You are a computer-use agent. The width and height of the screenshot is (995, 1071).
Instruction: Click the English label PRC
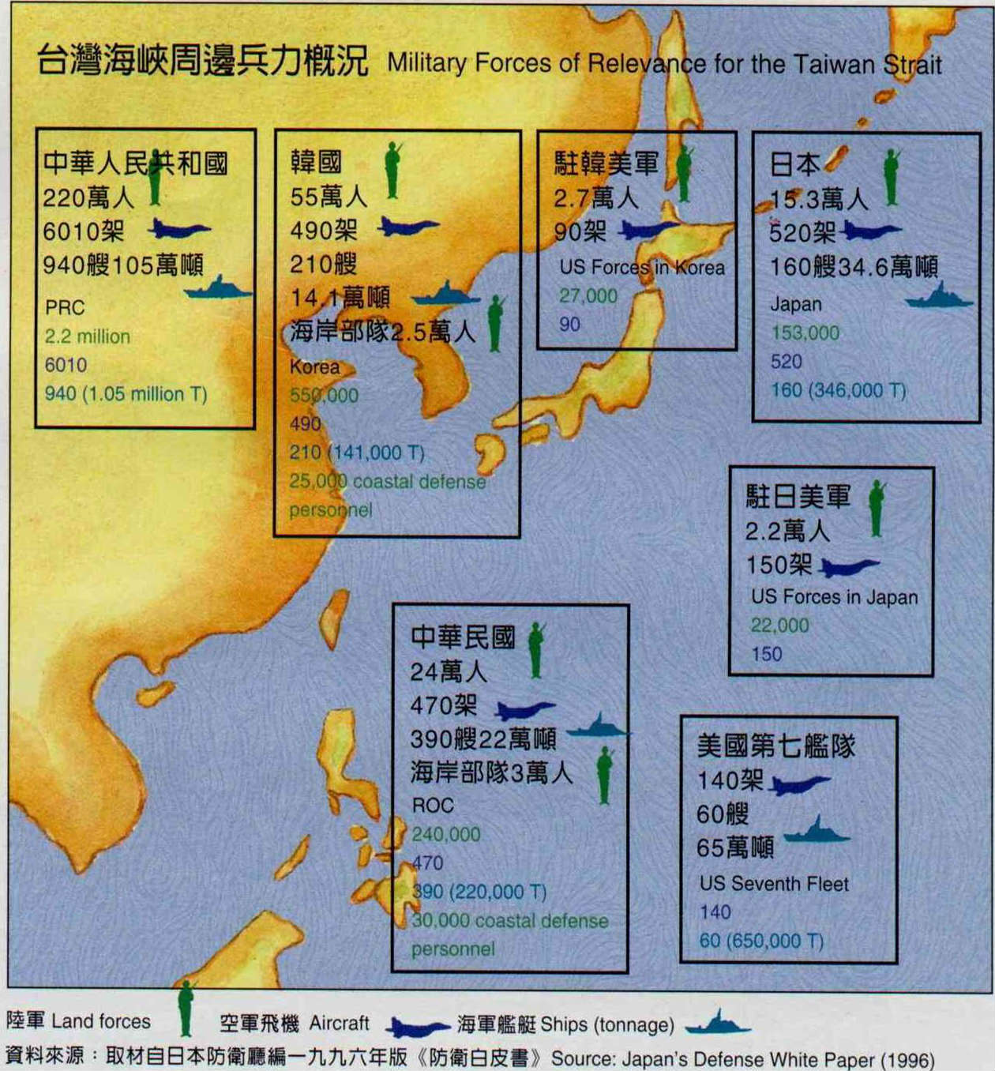point(65,307)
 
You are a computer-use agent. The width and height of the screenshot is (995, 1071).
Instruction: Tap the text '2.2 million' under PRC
point(87,336)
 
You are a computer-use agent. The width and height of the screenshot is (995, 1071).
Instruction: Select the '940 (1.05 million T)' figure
point(126,393)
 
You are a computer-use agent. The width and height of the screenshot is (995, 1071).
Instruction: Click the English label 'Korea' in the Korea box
point(314,367)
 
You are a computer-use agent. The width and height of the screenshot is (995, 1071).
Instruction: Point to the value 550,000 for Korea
point(324,396)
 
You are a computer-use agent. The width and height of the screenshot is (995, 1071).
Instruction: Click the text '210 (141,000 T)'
point(357,453)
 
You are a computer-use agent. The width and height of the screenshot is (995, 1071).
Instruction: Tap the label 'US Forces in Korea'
point(642,268)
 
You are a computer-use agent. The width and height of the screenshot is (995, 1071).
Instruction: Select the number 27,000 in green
point(588,296)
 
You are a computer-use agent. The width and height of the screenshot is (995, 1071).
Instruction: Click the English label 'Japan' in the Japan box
point(796,304)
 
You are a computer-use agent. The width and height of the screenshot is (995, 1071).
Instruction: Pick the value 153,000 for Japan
point(805,333)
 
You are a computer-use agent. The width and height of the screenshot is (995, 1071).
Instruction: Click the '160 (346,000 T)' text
point(839,390)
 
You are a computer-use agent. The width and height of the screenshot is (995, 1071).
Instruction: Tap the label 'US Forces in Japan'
point(835,597)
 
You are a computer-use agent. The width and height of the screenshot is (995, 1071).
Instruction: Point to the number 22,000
point(779,626)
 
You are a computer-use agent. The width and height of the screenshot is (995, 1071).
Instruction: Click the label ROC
point(433,806)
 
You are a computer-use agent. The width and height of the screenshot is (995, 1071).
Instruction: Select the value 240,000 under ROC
point(445,834)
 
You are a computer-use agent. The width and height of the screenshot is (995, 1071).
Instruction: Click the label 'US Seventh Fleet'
point(774,884)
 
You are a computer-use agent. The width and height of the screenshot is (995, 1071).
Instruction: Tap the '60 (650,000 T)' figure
point(761,941)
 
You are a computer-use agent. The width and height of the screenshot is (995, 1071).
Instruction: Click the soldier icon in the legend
point(186,1008)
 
